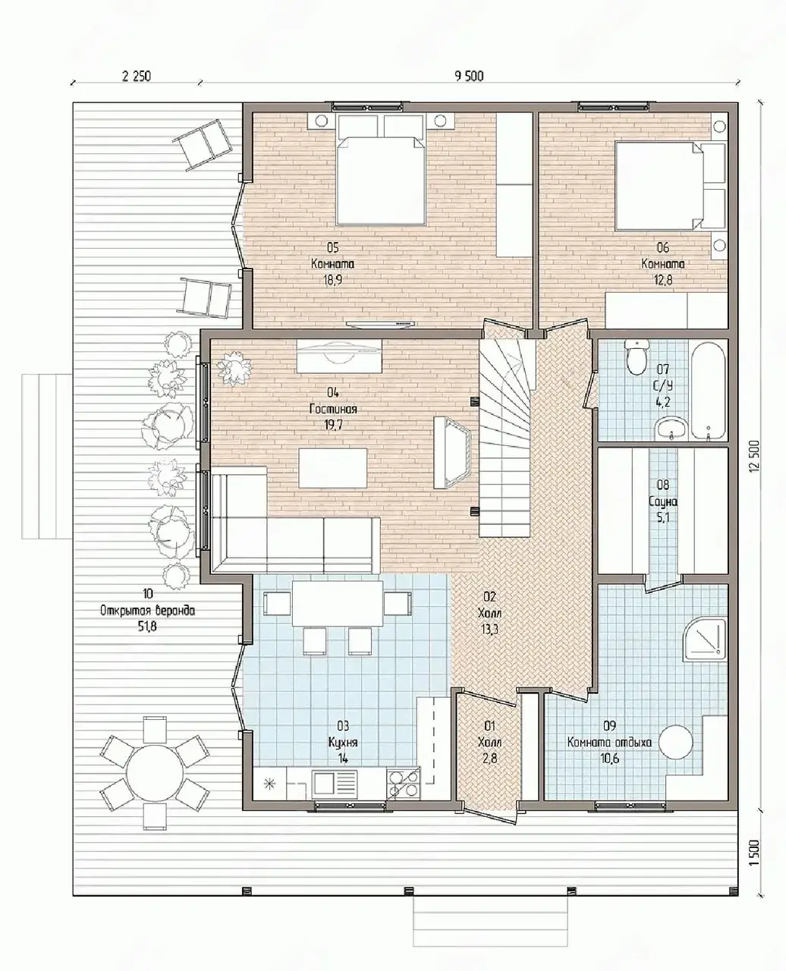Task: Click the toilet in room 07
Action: [635, 357]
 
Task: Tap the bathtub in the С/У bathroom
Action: [708, 391]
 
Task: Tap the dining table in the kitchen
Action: [338, 603]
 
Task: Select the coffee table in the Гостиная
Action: [333, 468]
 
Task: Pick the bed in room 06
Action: [670, 186]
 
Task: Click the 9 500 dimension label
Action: [469, 76]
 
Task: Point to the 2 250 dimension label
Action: [137, 76]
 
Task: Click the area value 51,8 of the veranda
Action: [147, 627]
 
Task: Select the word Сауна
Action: [663, 501]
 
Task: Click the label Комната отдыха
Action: [609, 742]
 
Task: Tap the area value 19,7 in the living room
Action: [333, 426]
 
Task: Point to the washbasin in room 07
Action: [671, 429]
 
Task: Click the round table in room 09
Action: [677, 742]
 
